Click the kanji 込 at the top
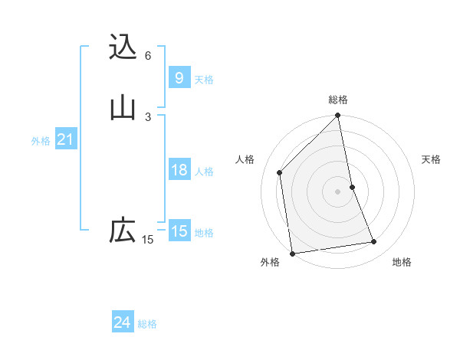pos(123,47)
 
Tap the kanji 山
pos(123,108)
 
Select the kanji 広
pos(123,231)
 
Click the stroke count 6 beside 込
pos(148,55)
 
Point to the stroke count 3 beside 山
pos(148,116)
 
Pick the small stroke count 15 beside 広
pos(148,240)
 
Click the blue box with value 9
pos(179,78)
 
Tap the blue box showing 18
pos(179,170)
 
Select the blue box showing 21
pos(65,139)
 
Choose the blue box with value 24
pos(122,322)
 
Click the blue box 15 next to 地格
pos(179,231)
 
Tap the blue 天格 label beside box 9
pos(204,80)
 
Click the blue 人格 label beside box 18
pos(204,172)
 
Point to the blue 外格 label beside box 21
pos(41,141)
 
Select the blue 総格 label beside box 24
pos(147,324)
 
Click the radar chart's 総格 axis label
pos(338,100)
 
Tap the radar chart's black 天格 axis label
pos(431,159)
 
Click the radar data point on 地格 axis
pos(374,242)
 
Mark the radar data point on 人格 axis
pos(280,172)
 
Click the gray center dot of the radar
pos(338,191)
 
